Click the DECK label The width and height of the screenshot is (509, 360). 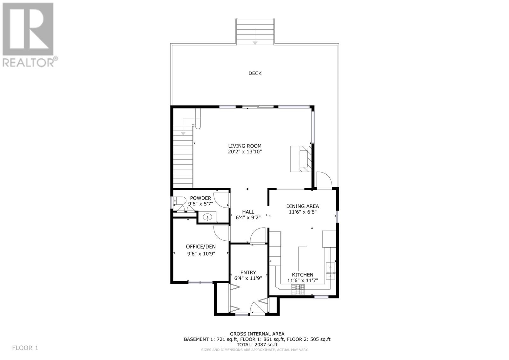point(255,73)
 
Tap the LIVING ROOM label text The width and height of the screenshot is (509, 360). point(245,146)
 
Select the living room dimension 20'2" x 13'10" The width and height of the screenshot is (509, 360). point(245,152)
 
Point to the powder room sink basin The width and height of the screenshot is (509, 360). point(207,217)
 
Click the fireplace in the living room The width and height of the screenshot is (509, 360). point(301,159)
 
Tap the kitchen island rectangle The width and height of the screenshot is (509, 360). point(303,259)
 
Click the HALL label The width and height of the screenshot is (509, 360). point(248,212)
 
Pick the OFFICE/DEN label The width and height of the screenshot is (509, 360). point(201,246)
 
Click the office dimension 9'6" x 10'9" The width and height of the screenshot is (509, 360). point(201,254)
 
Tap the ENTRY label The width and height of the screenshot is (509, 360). point(248,272)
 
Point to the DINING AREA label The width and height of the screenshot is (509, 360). point(303,206)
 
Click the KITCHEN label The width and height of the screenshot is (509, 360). point(303,274)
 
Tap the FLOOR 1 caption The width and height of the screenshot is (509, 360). point(25,348)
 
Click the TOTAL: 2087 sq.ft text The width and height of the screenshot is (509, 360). point(257,344)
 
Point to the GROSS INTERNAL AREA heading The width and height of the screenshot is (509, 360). point(257,334)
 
